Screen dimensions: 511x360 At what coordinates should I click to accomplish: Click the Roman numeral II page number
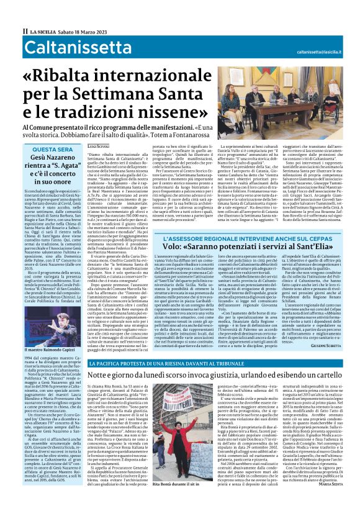coord(25,30)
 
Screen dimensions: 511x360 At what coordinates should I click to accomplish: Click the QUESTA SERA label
coord(50,150)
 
